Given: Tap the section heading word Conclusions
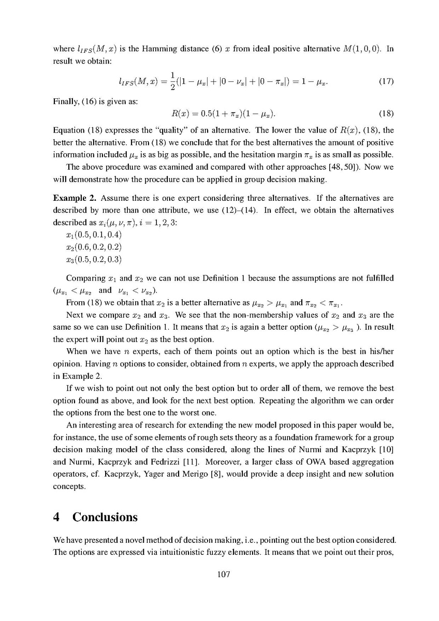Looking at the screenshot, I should point(105,517).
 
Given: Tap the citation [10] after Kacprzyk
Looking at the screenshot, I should point(365,449).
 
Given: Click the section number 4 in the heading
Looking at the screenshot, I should point(57,517).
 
